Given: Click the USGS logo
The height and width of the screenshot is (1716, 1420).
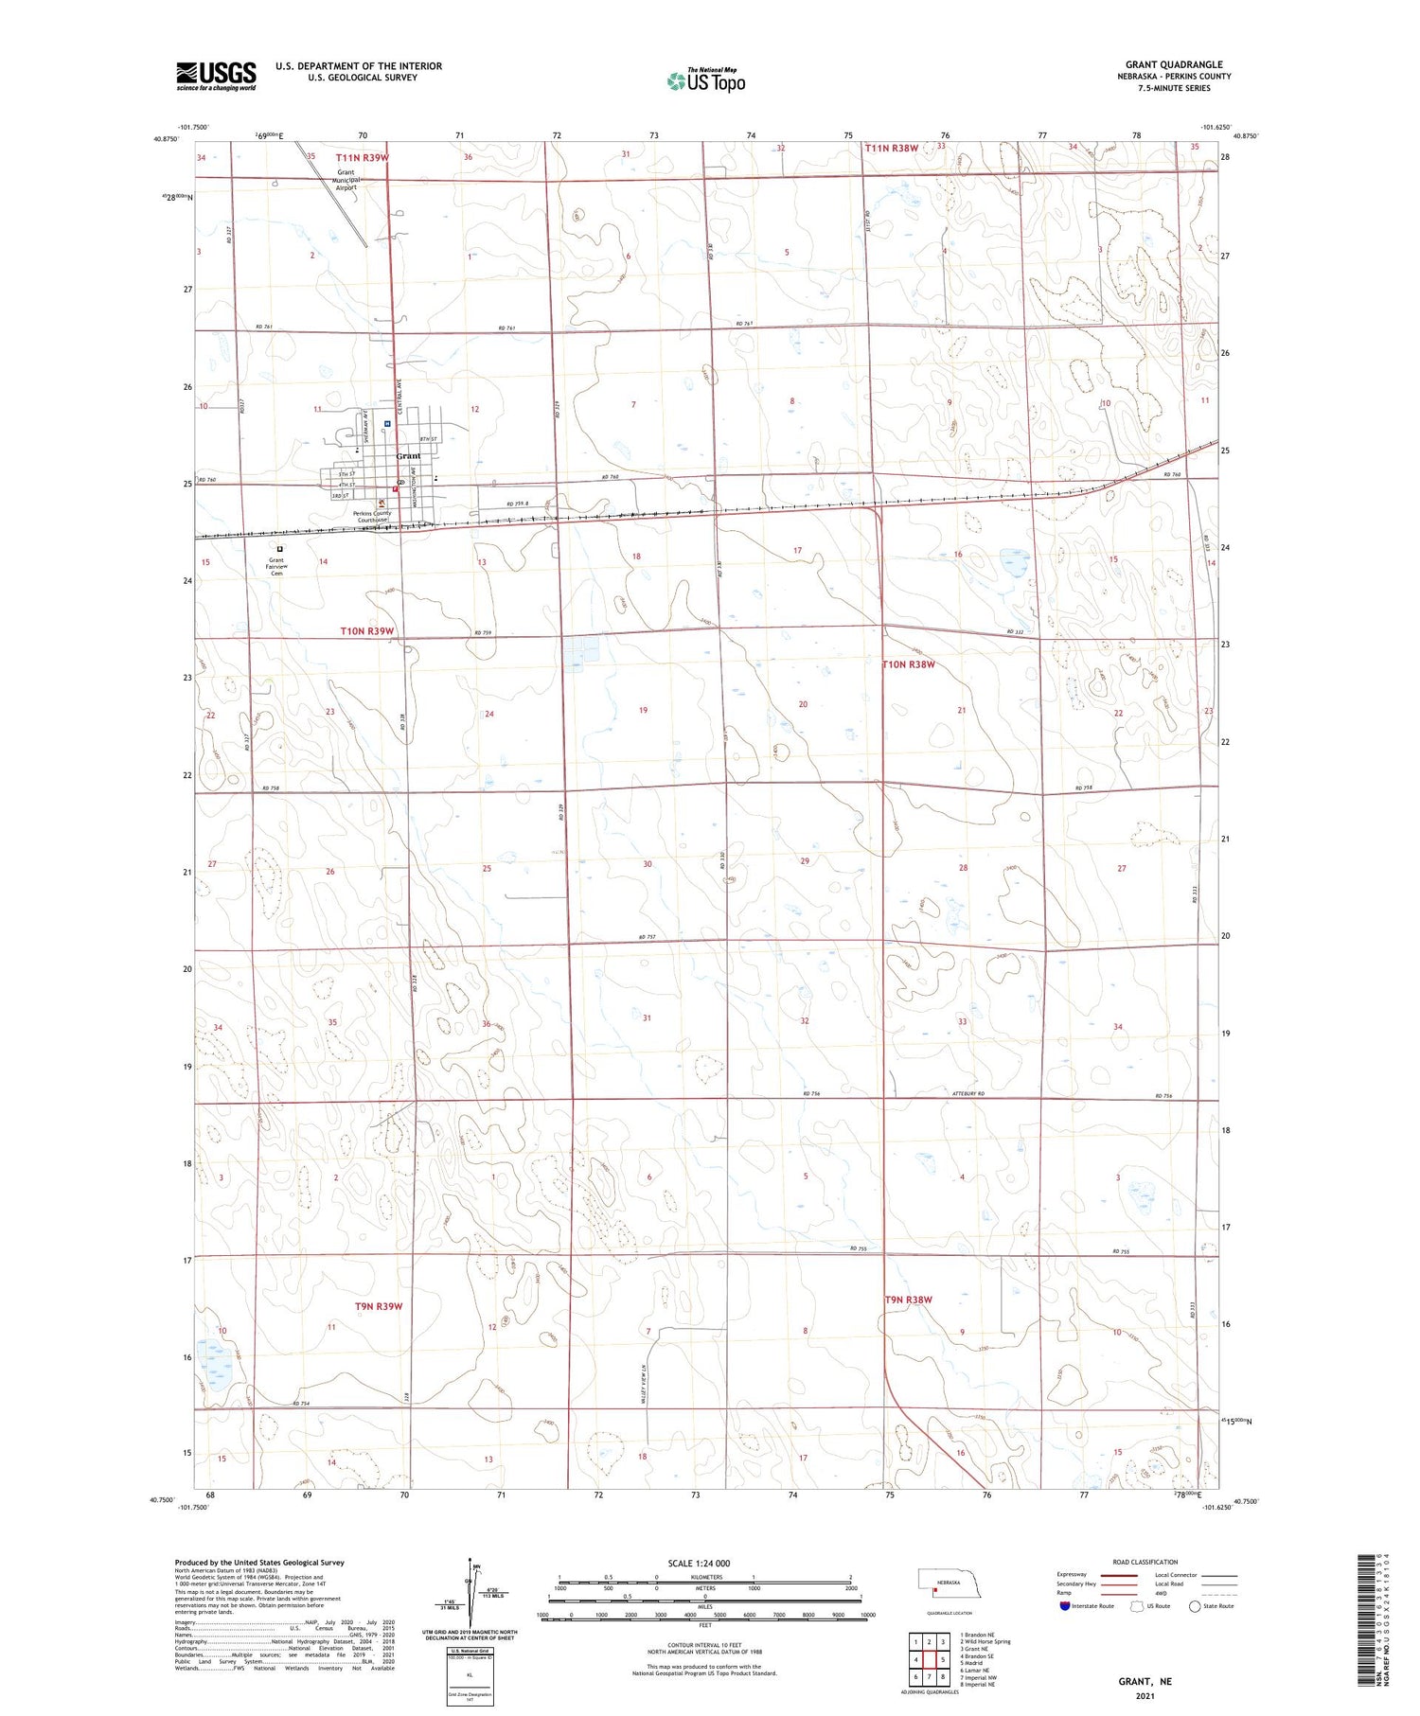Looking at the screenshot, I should (x=216, y=76).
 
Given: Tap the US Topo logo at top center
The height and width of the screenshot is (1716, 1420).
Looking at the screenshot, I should (x=706, y=81).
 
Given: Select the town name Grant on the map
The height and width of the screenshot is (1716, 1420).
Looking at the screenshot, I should (x=408, y=456).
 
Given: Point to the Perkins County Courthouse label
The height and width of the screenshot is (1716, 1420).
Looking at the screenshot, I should (x=372, y=517).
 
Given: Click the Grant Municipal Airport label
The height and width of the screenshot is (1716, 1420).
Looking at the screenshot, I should (x=346, y=180).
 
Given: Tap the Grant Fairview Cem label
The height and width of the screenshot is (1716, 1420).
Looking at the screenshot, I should (x=276, y=566).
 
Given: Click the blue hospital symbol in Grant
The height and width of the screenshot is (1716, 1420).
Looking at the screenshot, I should (x=388, y=424).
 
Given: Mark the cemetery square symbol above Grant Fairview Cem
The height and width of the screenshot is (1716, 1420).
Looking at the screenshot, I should (x=279, y=548).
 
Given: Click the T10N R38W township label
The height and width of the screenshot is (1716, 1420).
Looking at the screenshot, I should (x=909, y=664).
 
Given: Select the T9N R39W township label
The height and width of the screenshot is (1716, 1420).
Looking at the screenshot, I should (x=379, y=1306).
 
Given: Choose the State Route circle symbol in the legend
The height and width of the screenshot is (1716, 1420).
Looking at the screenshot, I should (x=1195, y=1606).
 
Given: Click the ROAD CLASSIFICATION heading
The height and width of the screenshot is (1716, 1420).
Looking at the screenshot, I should (x=1145, y=1562).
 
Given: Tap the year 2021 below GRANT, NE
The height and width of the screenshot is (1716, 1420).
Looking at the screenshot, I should (x=1145, y=1696).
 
